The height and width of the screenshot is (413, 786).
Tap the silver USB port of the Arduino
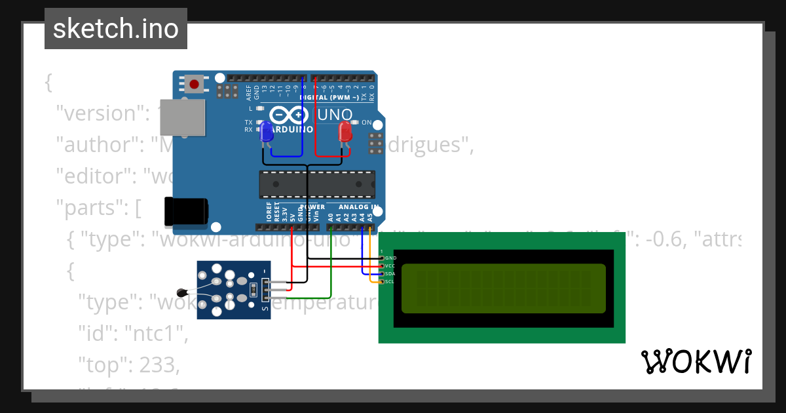click(182, 118)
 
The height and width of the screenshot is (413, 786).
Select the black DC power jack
click(187, 211)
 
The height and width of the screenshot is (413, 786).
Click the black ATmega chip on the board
click(317, 184)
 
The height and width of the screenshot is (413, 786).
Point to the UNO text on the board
click(335, 115)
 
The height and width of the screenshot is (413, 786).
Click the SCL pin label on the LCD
click(390, 282)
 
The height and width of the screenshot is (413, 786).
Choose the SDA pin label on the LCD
click(390, 274)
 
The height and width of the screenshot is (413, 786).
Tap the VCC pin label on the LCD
click(390, 266)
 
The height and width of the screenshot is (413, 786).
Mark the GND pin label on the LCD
click(390, 258)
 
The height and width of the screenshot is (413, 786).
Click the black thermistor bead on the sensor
click(182, 292)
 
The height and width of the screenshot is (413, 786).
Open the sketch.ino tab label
click(116, 29)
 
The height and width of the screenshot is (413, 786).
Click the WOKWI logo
click(696, 361)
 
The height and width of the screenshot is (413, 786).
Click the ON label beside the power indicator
click(366, 123)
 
